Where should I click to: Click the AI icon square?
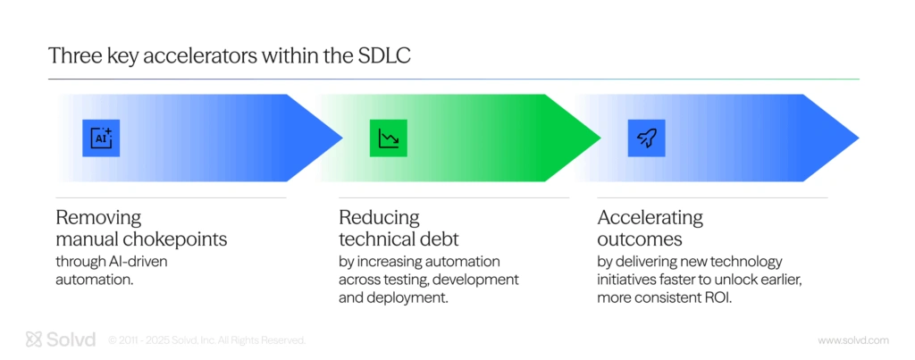[x=101, y=138]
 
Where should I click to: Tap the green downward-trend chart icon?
[x=388, y=138]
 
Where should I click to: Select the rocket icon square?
[x=647, y=138]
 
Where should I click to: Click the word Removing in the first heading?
[x=98, y=218]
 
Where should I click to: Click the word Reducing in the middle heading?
[x=379, y=218]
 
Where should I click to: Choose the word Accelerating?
[x=651, y=218]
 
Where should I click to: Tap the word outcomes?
[x=640, y=239]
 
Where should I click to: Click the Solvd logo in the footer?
[x=61, y=339]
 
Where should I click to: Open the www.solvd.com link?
[x=853, y=340]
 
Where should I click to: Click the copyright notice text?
[x=206, y=340]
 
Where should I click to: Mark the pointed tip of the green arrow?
[x=600, y=138]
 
